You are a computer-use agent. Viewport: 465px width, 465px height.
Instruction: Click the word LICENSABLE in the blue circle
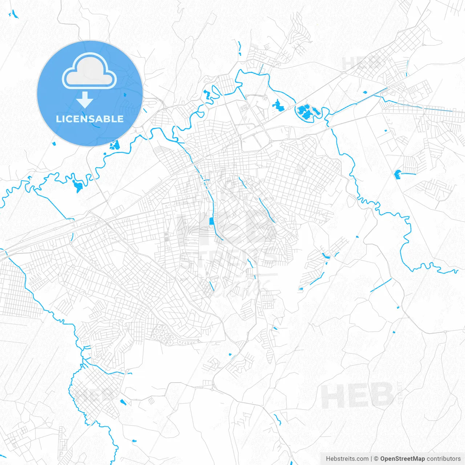[90, 119]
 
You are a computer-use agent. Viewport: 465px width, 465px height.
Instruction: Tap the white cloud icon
[89, 71]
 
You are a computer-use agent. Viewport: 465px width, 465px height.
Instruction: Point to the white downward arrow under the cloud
[85, 100]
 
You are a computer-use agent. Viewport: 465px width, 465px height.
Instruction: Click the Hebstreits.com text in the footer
[347, 459]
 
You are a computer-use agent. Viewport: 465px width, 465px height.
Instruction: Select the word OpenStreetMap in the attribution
[402, 459]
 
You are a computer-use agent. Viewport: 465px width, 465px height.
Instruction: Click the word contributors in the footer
[444, 459]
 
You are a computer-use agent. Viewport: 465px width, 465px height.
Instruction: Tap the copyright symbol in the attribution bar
[376, 459]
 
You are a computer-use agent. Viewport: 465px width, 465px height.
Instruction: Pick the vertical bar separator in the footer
[371, 459]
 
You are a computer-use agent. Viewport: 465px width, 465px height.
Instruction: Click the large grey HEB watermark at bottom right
[357, 396]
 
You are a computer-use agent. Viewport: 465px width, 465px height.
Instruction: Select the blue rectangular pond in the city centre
[211, 221]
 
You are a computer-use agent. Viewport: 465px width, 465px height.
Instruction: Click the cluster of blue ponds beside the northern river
[307, 111]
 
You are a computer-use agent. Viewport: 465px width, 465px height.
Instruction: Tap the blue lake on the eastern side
[397, 175]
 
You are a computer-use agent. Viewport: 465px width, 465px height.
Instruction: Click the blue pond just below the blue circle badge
[115, 145]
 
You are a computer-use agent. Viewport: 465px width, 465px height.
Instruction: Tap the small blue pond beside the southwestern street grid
[123, 402]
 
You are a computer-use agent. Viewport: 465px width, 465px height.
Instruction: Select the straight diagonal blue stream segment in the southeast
[381, 285]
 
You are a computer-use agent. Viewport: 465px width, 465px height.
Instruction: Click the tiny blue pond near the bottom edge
[134, 441]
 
